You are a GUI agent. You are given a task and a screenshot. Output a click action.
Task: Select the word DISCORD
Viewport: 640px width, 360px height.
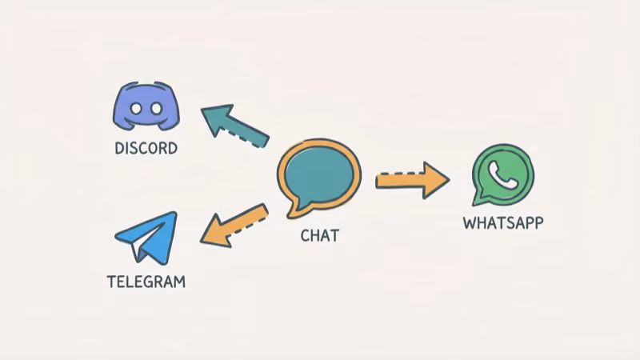pos(146,148)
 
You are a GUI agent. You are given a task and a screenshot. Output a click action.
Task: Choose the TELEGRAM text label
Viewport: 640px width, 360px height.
pos(146,282)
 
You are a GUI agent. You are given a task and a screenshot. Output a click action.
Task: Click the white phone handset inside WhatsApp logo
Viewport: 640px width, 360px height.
pos(503,174)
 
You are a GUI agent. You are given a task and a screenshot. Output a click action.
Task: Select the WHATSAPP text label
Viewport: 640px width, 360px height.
pos(502,222)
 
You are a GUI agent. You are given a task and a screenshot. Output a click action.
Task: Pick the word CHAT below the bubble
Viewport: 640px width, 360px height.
pos(319,235)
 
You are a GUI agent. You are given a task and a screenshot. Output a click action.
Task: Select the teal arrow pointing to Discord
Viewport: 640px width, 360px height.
pos(235,125)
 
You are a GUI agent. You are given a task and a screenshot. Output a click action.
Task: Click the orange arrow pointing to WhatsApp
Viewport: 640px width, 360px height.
pos(411,179)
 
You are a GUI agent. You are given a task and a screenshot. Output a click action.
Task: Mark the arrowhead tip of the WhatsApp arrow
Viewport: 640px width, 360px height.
pos(447,179)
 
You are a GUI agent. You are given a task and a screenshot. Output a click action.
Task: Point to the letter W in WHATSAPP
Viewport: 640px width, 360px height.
pos(470,222)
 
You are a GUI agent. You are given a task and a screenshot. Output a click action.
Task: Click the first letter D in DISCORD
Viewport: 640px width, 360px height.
pos(119,148)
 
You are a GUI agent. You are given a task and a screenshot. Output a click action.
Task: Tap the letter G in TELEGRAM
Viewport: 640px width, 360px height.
pos(154,282)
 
